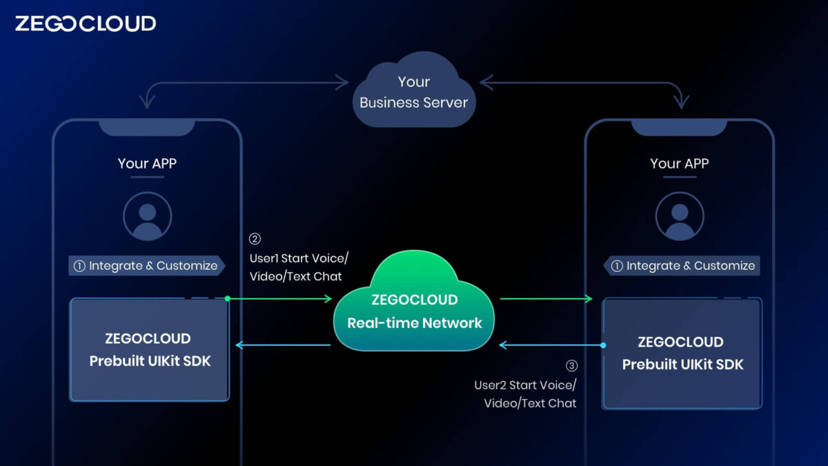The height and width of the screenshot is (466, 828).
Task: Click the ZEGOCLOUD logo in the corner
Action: (x=85, y=23)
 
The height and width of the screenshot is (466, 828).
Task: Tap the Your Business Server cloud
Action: (x=414, y=93)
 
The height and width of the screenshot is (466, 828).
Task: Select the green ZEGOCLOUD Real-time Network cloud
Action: (x=414, y=311)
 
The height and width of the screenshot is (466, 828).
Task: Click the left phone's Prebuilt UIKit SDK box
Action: (x=149, y=349)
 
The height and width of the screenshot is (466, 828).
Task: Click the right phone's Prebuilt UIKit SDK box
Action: (x=682, y=353)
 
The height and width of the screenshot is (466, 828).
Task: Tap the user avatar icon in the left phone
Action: (x=147, y=216)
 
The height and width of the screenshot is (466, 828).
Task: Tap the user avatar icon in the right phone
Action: (x=680, y=216)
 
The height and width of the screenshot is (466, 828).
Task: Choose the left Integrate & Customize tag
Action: (x=146, y=266)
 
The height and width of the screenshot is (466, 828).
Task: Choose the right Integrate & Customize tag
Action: (x=682, y=266)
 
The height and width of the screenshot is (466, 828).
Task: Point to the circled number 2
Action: (x=255, y=240)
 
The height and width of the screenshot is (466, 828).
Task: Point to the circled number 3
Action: (x=571, y=366)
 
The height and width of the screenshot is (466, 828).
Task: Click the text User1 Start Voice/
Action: (x=299, y=258)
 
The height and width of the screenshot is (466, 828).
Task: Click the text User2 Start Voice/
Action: (x=524, y=385)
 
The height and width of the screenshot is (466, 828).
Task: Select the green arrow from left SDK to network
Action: (x=279, y=298)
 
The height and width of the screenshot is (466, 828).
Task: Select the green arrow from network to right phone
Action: (x=545, y=298)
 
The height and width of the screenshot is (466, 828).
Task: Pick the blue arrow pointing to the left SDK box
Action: (x=283, y=344)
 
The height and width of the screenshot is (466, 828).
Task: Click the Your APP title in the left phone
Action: (x=147, y=164)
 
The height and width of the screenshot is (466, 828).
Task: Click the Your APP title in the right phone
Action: (x=680, y=164)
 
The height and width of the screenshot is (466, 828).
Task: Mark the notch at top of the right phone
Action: (x=680, y=127)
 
